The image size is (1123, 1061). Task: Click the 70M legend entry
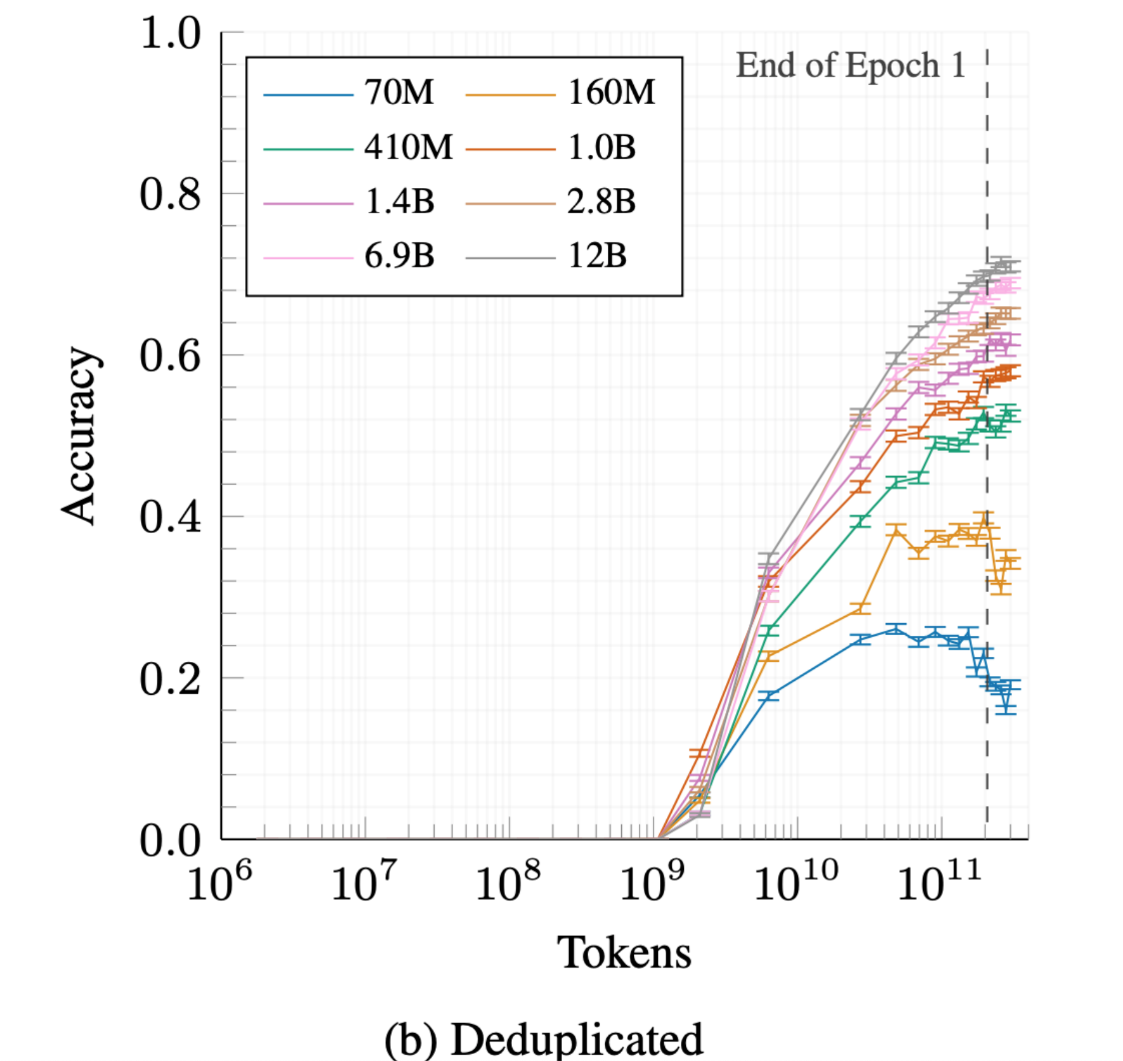point(398,93)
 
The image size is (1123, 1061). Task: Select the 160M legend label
point(611,93)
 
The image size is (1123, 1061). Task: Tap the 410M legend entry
point(408,148)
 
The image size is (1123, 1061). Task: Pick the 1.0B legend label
point(601,148)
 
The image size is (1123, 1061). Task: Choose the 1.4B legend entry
point(399,202)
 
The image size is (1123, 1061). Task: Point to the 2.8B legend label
point(601,202)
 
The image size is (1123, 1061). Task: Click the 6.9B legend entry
point(399,256)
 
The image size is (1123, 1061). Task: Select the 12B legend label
point(597,256)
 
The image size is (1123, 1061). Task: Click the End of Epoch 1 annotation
point(850,65)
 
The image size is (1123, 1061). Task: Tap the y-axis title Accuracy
point(79,436)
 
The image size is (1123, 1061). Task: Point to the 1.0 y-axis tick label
point(170,33)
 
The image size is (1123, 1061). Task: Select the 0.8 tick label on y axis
point(170,194)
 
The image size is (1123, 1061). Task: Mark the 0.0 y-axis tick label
point(170,840)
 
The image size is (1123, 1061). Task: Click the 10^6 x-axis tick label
point(219,882)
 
